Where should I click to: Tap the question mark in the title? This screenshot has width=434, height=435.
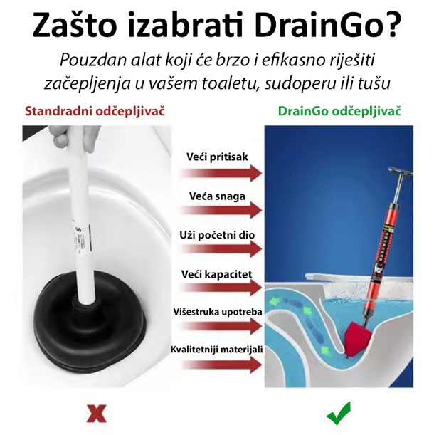click(393, 23)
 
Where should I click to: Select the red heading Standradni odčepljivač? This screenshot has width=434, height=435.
click(95, 112)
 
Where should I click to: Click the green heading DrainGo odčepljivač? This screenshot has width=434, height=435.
click(339, 112)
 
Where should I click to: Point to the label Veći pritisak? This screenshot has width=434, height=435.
click(217, 157)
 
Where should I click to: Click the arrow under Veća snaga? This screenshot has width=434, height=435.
click(221, 210)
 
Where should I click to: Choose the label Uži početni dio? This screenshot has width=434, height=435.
click(217, 235)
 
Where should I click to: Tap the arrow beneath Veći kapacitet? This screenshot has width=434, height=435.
click(221, 288)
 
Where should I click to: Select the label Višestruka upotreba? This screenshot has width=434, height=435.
click(218, 312)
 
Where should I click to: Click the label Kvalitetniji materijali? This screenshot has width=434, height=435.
click(216, 350)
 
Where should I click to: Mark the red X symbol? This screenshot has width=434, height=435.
click(96, 414)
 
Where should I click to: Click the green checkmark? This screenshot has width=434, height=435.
click(339, 413)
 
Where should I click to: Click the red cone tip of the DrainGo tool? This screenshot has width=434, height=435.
click(356, 340)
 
